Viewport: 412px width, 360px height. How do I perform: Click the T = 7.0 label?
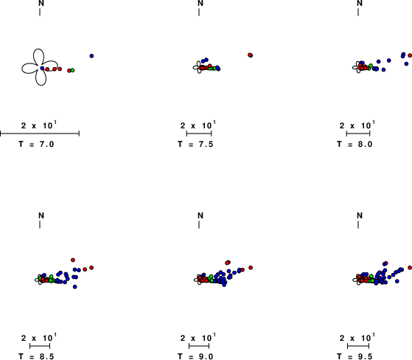click(x=36, y=144)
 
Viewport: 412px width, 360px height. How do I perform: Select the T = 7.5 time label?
click(x=195, y=144)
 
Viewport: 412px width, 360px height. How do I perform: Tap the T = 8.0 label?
click(x=355, y=144)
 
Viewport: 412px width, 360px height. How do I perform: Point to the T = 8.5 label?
click(x=36, y=356)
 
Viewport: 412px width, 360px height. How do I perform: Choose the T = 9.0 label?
click(x=195, y=356)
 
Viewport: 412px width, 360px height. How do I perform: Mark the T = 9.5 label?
click(x=355, y=356)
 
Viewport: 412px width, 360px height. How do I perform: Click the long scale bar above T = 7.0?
click(x=40, y=134)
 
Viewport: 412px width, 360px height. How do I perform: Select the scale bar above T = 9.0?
click(x=199, y=346)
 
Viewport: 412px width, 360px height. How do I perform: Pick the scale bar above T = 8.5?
click(x=40, y=346)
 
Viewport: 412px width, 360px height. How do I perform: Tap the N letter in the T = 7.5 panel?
click(x=200, y=3)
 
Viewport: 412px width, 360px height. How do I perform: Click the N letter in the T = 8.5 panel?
click(x=41, y=215)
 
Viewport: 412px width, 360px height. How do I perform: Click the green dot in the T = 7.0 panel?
click(x=72, y=70)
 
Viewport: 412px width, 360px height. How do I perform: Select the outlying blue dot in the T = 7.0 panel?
click(x=91, y=56)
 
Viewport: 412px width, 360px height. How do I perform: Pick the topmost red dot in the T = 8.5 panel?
click(x=73, y=260)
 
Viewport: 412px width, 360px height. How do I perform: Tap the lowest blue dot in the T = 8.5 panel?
click(x=75, y=287)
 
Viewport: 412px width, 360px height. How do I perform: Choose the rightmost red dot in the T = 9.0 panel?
click(x=251, y=268)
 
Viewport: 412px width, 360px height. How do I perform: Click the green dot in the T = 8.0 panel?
click(x=371, y=66)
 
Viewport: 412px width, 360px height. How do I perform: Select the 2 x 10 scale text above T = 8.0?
click(x=357, y=125)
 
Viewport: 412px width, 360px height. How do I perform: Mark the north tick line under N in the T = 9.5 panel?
click(x=358, y=224)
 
